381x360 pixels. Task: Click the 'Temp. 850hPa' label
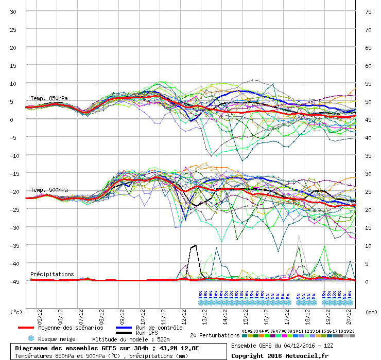pos(49,98)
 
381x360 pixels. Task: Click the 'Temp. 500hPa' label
pos(49,190)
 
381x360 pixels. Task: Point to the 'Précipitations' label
pos(52,274)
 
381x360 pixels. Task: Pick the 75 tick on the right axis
pos(369,12)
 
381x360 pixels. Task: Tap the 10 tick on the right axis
pos(369,246)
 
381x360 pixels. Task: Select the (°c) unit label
pos(16,312)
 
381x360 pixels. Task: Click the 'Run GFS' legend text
pos(148,333)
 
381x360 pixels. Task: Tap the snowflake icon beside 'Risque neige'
pos(30,339)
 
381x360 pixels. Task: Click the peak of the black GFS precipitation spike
pos(196,245)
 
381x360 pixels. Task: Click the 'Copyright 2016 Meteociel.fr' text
pos(280,355)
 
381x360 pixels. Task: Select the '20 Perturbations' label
pos(214,335)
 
